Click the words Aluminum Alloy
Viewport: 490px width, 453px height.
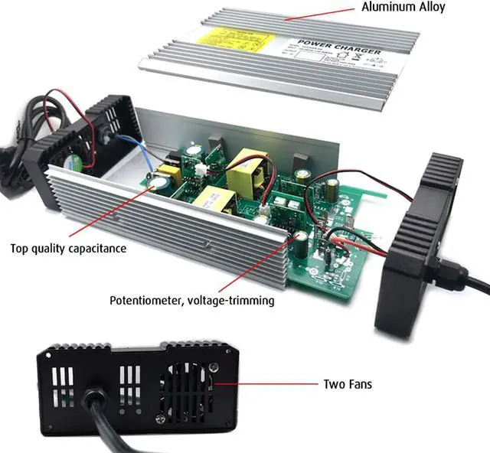point(403,8)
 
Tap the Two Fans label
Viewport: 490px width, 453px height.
point(348,383)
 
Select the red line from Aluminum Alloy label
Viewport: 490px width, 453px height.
point(322,13)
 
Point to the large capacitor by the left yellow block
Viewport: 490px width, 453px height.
point(163,182)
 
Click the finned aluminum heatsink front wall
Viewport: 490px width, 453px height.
point(168,222)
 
